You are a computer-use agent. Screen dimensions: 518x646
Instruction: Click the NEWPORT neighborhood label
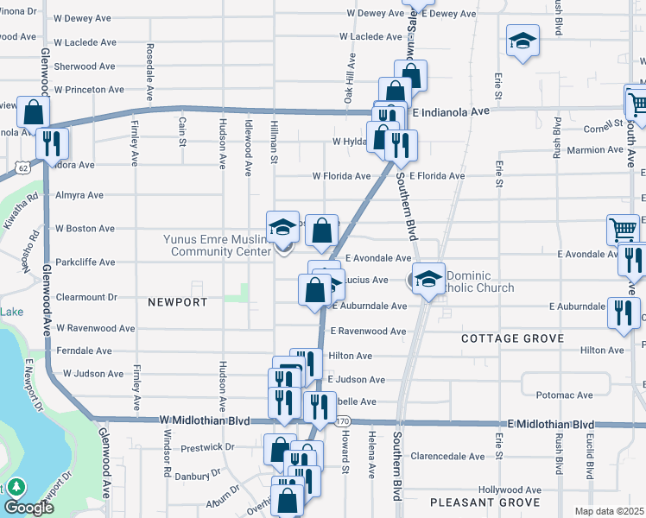pos(177,302)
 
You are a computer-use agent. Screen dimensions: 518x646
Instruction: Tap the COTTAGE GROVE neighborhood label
pos(507,339)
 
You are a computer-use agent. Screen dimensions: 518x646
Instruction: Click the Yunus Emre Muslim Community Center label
pos(215,246)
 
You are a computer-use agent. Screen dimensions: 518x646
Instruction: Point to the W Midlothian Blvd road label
pos(205,420)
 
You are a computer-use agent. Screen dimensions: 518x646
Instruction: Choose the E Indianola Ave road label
pos(450,112)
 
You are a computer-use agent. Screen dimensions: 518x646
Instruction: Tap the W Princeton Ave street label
pos(89,90)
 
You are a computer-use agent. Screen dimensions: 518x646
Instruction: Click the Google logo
pos(28,508)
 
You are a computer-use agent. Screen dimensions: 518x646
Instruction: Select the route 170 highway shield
pos(343,420)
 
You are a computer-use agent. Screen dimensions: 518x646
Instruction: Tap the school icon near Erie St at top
pos(522,42)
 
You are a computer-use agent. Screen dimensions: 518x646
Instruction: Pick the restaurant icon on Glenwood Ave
pos(53,142)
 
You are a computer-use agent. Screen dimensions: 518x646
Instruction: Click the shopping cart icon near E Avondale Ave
pos(623,230)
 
